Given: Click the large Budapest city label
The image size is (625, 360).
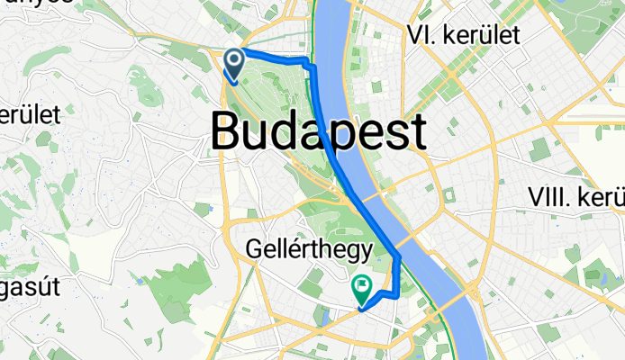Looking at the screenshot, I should (x=319, y=132).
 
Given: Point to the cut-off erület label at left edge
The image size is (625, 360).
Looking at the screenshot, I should (x=30, y=115).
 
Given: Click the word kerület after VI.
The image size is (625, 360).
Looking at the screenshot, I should (x=479, y=36).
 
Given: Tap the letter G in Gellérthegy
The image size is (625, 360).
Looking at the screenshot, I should (x=257, y=246).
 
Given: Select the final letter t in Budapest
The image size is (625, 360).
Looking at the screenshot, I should (x=417, y=132).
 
